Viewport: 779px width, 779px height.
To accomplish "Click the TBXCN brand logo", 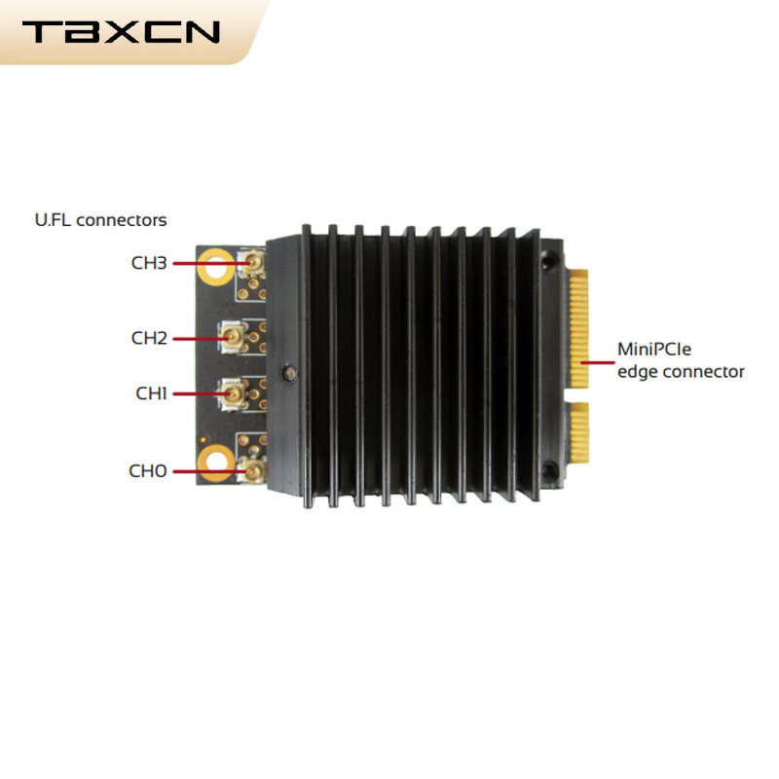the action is [x=121, y=32].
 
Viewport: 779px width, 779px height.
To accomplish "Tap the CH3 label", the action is [x=149, y=263].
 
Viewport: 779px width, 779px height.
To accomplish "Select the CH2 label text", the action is [x=149, y=338].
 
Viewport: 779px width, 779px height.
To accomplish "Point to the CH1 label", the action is [x=151, y=393].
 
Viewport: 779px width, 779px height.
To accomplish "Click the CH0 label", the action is [x=148, y=471].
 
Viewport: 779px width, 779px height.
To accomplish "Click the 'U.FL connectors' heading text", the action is [x=101, y=220].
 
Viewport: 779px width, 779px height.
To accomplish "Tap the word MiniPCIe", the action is [x=653, y=350].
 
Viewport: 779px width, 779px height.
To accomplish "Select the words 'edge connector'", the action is [x=681, y=372].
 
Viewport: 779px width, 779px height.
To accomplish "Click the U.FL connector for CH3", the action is [x=252, y=262].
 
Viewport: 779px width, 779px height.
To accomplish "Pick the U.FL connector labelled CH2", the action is [x=232, y=338].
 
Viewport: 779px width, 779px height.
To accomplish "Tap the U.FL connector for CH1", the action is [x=232, y=394].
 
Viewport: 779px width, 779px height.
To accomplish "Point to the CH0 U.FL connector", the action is [x=253, y=469].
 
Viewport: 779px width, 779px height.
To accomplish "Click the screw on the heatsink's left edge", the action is [x=289, y=373].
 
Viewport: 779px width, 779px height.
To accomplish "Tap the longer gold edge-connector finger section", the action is [x=578, y=329].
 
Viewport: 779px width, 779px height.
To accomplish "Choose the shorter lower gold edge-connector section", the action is [x=578, y=432].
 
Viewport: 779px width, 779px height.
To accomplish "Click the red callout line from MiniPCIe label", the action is [x=598, y=362].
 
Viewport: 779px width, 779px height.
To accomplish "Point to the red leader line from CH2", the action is [x=202, y=339].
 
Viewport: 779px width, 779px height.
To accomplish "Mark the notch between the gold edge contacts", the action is [x=576, y=396].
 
